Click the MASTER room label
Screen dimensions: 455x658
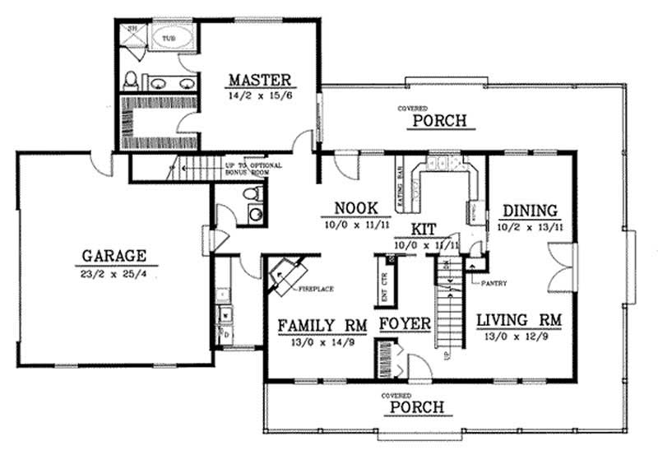pos(259,80)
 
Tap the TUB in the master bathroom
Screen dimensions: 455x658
pos(168,39)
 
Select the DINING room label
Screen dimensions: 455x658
pos(531,210)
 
